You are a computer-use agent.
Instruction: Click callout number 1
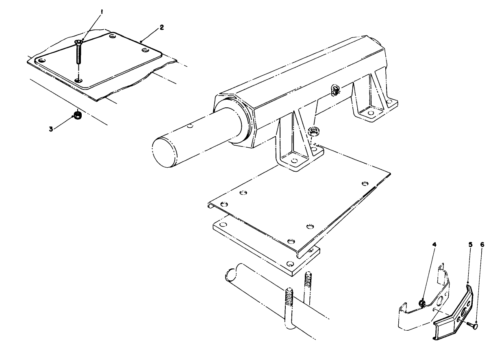click(x=102, y=13)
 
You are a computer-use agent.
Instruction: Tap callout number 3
click(x=51, y=129)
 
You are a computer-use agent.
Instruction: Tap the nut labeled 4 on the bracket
click(x=422, y=303)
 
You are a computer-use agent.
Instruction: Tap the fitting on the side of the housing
click(x=336, y=91)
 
